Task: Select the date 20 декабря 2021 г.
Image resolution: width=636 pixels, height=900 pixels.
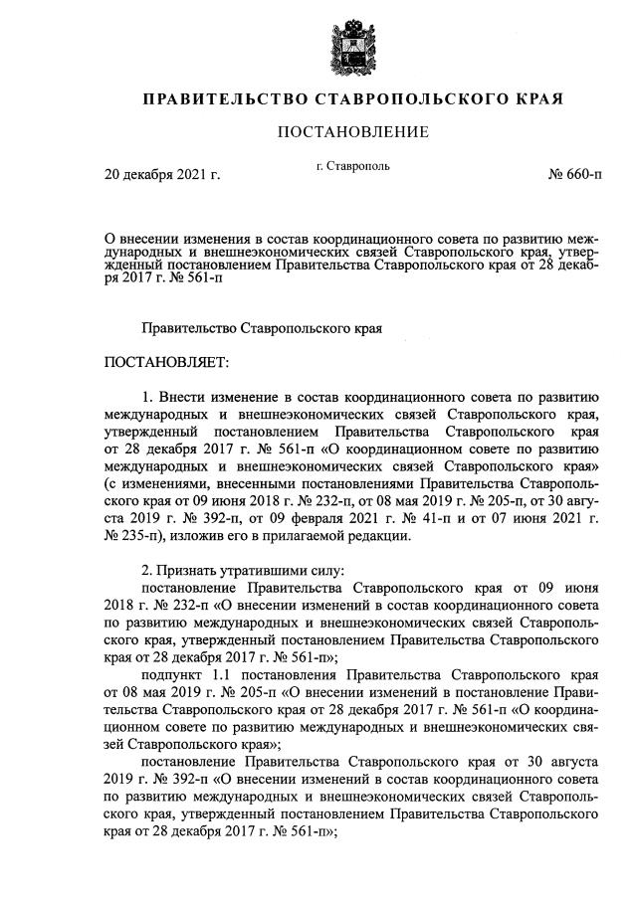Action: (x=162, y=175)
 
